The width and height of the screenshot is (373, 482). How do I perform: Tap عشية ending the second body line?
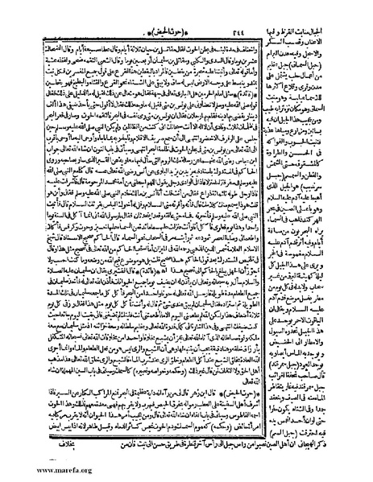pos(19,35)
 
